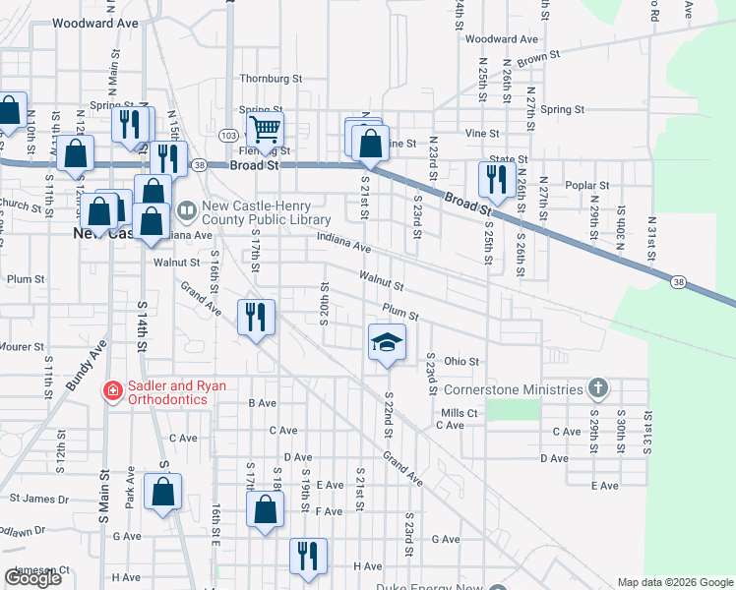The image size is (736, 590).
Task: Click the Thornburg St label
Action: (271, 79)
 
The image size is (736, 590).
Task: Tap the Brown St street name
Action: (538, 60)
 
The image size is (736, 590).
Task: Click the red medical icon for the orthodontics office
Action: (113, 391)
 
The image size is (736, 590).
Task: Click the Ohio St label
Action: (460, 361)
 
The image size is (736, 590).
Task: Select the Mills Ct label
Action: (460, 413)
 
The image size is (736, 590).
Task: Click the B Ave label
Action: (263, 403)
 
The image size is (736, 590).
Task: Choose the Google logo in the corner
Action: (32, 579)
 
